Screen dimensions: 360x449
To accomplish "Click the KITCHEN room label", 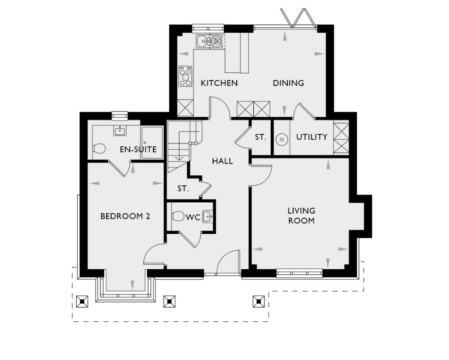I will click(x=219, y=83).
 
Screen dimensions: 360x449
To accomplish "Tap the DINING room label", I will click(x=288, y=83).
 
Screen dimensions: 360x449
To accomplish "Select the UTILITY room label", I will click(x=312, y=137).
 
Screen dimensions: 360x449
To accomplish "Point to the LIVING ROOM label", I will click(x=301, y=215).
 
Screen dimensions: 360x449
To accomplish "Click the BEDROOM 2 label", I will click(x=125, y=216).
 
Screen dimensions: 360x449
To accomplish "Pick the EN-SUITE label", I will click(x=138, y=149).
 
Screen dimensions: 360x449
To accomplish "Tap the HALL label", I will click(x=222, y=161).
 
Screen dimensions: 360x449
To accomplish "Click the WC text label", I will click(x=193, y=218).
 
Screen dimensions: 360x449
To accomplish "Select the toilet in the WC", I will click(x=178, y=216).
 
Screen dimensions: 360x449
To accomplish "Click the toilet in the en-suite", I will click(x=99, y=148).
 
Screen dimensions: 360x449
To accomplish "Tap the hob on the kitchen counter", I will click(x=185, y=76).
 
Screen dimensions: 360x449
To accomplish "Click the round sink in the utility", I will click(x=282, y=139).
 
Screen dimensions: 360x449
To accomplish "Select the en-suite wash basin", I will click(x=120, y=131).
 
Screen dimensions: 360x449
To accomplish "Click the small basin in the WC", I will click(x=207, y=217).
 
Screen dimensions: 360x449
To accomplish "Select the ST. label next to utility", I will click(x=260, y=138).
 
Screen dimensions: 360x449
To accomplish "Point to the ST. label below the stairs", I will click(x=182, y=189).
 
